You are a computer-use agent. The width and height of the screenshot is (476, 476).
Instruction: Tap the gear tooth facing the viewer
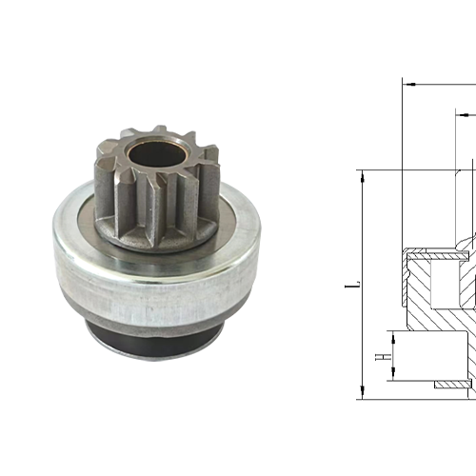[148, 209]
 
